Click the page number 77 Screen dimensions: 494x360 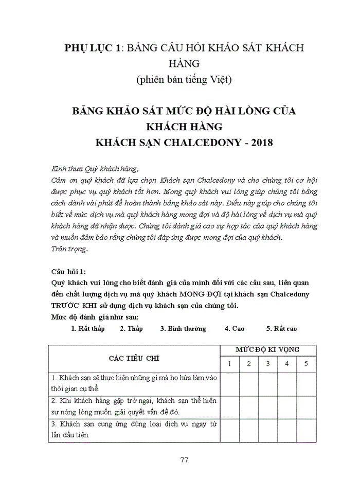(185, 460)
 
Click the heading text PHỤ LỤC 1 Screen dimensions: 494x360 (93, 48)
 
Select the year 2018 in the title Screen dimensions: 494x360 (260, 142)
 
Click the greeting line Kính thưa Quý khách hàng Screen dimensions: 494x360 (95, 169)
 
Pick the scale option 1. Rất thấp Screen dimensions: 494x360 (87, 328)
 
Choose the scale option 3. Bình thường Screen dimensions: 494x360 (183, 328)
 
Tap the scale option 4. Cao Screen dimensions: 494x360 (234, 328)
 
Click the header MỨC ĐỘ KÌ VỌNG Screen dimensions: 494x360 (267, 350)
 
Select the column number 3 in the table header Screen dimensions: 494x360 (267, 364)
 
